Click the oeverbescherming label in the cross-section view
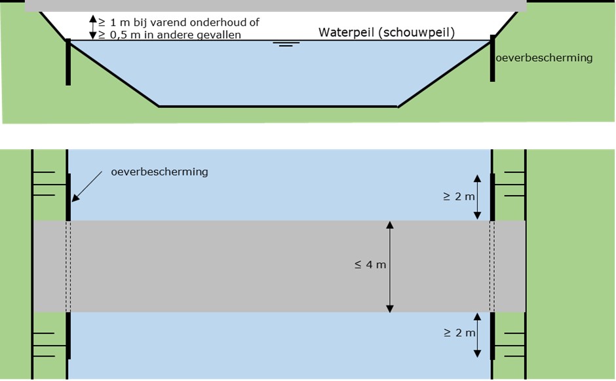(544, 58)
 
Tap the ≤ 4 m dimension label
(370, 265)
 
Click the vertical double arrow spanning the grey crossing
(390, 266)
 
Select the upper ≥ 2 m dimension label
(459, 196)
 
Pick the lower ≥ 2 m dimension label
(459, 333)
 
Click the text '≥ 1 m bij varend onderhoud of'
(179, 22)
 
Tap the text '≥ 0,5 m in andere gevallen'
(170, 35)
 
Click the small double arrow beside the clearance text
(92, 28)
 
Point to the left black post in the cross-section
(67, 62)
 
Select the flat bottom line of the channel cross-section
(278, 106)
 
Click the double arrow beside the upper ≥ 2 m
(478, 196)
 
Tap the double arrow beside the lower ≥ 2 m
(478, 334)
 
